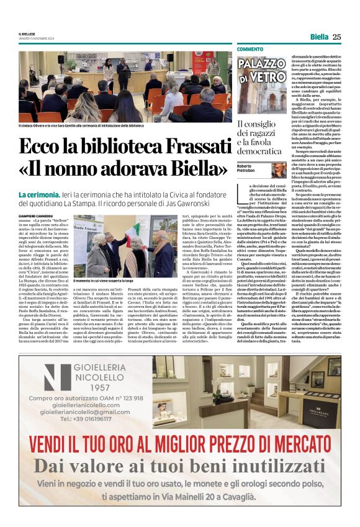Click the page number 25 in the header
337,37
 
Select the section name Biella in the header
319,37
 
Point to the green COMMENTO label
250,49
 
